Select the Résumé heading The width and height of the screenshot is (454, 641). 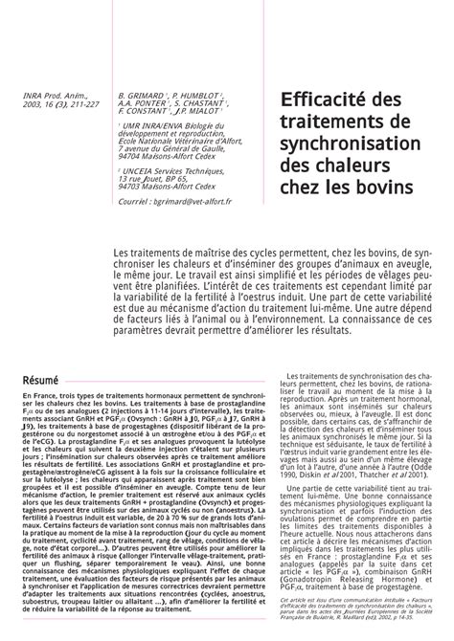pyautogui.click(x=41, y=354)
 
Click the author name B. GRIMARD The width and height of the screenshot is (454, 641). pyautogui.click(x=143, y=96)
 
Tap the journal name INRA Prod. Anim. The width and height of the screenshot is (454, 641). pyautogui.click(x=48, y=96)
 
